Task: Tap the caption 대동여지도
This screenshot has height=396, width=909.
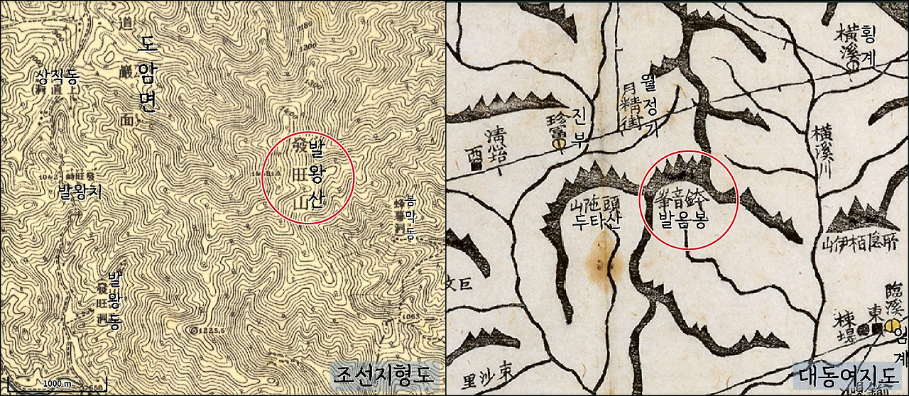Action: (x=850, y=373)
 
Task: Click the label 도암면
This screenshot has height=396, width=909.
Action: (x=147, y=75)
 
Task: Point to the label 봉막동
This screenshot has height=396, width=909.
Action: (x=410, y=219)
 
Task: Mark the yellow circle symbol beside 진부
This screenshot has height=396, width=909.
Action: (x=558, y=147)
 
